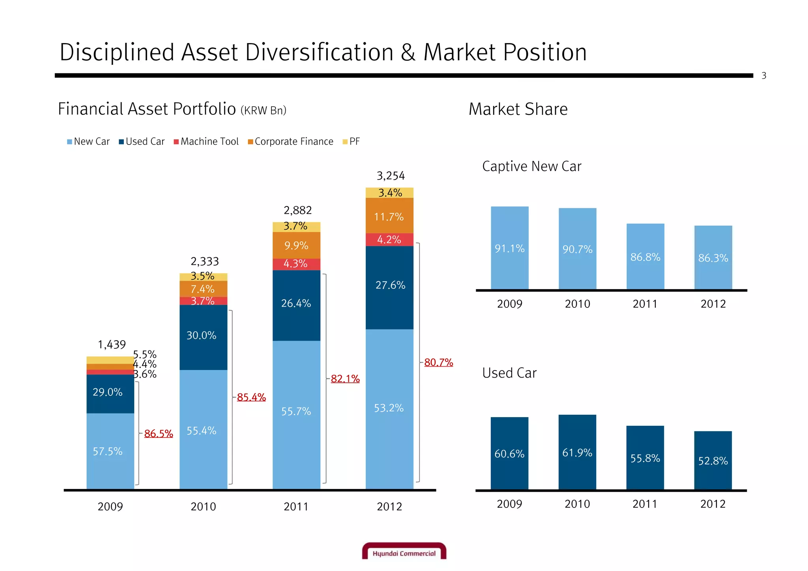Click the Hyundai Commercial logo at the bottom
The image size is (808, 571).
point(404,551)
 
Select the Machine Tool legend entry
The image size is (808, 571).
point(206,142)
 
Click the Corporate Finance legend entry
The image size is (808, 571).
point(291,142)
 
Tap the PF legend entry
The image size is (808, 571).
point(351,142)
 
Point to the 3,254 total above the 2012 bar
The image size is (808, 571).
point(391,176)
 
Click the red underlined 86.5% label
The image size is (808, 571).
point(159,434)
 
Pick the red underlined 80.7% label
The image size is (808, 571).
point(438,362)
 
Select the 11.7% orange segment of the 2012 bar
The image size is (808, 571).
point(389,217)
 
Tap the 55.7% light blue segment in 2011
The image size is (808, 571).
point(296,412)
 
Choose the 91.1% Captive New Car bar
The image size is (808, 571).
point(510,249)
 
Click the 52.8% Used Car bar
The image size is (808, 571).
point(713,461)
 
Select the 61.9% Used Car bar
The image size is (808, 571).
point(577,453)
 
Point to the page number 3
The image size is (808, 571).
point(764,76)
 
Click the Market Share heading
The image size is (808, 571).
point(518,109)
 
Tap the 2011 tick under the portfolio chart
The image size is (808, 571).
point(296,506)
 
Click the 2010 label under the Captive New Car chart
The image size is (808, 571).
point(578,304)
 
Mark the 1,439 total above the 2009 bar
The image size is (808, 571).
point(112,345)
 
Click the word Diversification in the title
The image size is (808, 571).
point(319,52)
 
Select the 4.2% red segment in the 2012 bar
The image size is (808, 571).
point(389,240)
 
